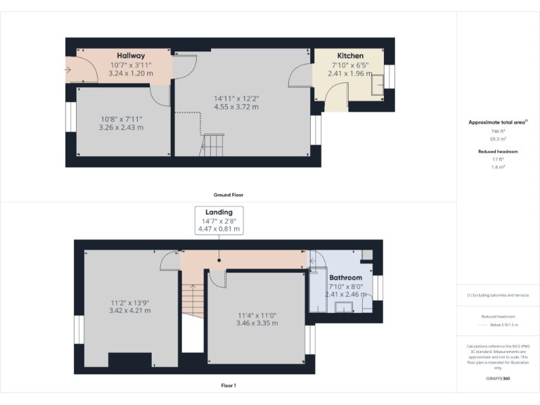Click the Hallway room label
131,56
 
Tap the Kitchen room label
350,56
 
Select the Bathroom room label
345,278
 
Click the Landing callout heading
219,212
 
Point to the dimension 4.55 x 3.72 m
236,107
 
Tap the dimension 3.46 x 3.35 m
257,323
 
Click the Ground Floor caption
229,195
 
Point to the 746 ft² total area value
497,131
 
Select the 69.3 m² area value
497,139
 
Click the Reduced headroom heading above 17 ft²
497,151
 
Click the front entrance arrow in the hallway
67,70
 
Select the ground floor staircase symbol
212,146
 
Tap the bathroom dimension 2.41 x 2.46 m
345,295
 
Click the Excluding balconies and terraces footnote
497,295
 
